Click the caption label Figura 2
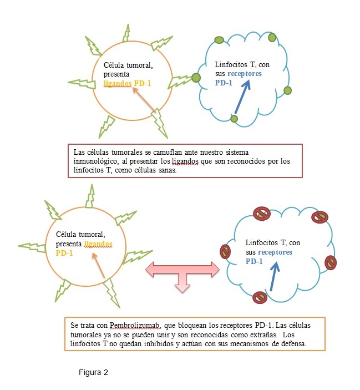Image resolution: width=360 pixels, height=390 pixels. point(93,372)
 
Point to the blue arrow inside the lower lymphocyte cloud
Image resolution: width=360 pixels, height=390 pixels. point(275,277)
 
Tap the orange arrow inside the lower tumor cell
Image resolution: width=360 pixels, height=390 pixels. point(98,265)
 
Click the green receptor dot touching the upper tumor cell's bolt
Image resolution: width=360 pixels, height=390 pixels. point(196,78)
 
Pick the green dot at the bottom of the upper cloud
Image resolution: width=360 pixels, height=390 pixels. point(234,119)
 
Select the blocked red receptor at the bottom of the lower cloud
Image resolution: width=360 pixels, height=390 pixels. point(260,297)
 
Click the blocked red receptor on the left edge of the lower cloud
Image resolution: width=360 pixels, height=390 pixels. point(225,251)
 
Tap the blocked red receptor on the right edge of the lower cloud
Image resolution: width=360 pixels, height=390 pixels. point(331,262)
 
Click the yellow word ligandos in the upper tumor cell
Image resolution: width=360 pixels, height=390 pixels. point(118,83)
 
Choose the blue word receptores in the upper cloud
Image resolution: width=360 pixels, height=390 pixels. point(245,74)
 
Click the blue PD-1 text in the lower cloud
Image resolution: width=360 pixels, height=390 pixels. point(254,261)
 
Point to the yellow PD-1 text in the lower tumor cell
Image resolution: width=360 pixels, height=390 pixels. point(64,253)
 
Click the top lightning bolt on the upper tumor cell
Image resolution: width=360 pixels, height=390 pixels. point(127,33)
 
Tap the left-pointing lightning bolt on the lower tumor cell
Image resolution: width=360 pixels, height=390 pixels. point(32,247)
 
